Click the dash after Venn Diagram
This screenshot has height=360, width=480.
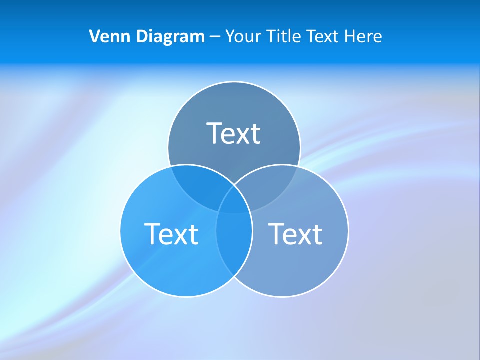click(x=215, y=37)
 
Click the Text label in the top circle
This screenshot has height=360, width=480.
click(x=234, y=133)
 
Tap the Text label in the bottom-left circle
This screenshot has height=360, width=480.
click(x=171, y=233)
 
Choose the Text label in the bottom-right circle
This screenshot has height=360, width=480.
click(x=295, y=233)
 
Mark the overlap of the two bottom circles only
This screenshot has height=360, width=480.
click(x=234, y=245)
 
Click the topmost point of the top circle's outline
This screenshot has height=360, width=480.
click(x=234, y=82)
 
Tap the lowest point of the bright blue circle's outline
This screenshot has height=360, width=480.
click(x=186, y=297)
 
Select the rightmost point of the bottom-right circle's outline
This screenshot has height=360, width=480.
click(x=348, y=230)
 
